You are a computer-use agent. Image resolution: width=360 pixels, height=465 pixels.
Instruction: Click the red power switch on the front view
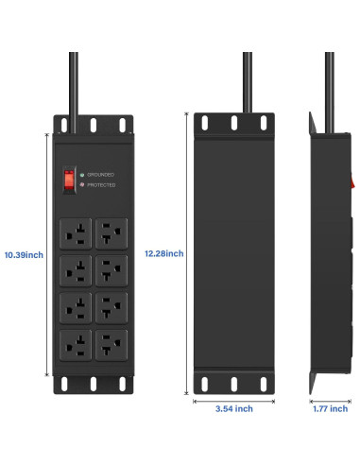tap(68, 178)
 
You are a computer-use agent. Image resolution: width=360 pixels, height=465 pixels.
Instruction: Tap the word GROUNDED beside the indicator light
tap(103, 175)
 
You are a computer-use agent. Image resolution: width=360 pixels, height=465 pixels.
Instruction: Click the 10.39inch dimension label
tap(23, 254)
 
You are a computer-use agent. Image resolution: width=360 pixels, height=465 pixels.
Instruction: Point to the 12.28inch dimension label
tap(163, 253)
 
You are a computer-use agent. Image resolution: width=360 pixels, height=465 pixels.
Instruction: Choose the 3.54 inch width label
tap(233, 409)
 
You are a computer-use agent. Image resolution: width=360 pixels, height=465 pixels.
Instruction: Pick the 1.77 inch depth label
tap(329, 409)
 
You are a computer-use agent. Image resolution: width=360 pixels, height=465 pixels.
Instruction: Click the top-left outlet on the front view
tap(75, 230)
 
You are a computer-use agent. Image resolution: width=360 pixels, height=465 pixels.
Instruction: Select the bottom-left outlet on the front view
tap(75, 342)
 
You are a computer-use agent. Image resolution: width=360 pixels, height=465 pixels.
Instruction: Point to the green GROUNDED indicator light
tap(83, 175)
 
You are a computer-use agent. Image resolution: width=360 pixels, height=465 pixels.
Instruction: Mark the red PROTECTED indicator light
tap(83, 185)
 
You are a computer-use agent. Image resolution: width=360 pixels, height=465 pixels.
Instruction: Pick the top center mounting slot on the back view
tap(233, 123)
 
